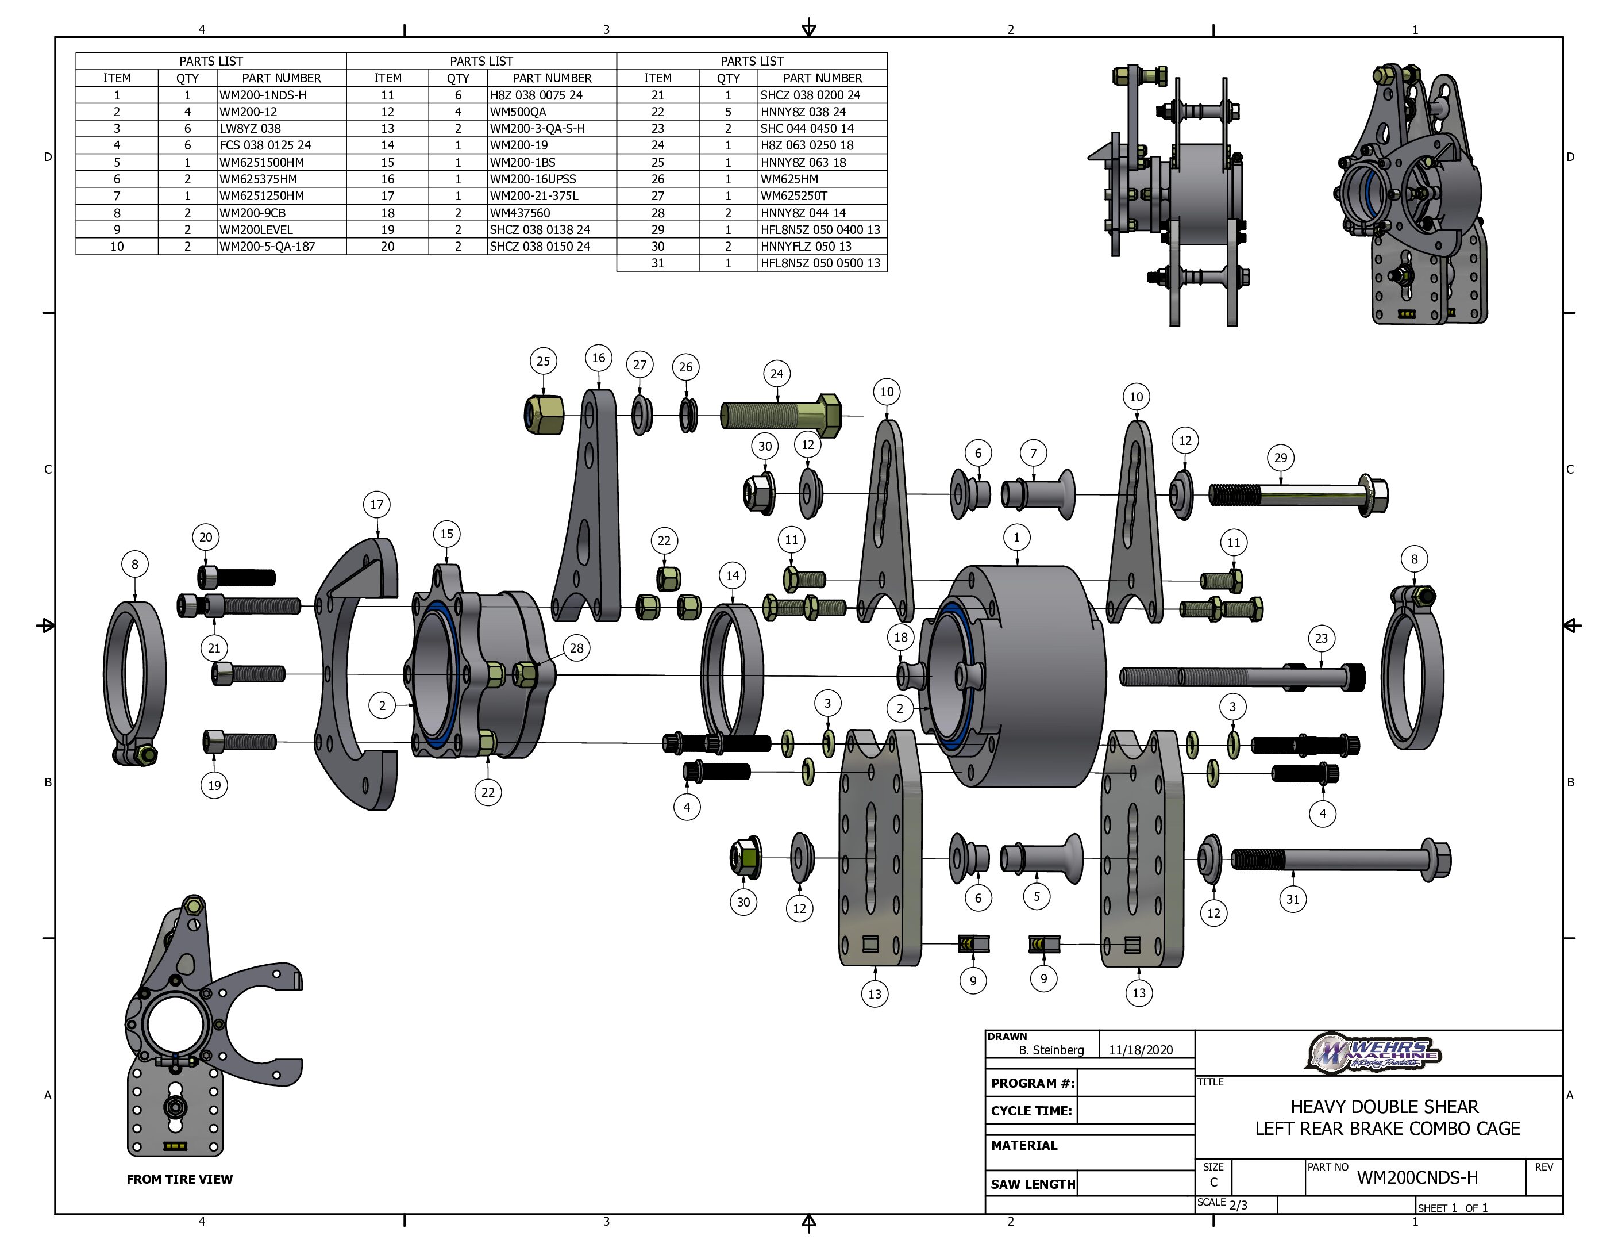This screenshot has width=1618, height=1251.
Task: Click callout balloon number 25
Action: pyautogui.click(x=543, y=361)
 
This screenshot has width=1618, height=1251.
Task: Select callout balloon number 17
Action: pyautogui.click(x=377, y=505)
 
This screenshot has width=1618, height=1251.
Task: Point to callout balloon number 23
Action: pyautogui.click(x=1322, y=638)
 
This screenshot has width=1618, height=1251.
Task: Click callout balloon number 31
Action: pyautogui.click(x=1293, y=899)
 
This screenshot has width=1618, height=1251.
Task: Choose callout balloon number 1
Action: pyautogui.click(x=1016, y=538)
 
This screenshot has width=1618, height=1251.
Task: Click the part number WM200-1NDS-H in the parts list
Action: pyautogui.click(x=263, y=95)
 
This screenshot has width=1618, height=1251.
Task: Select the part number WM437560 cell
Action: pyautogui.click(x=520, y=213)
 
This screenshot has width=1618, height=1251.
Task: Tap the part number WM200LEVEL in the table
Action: pyautogui.click(x=256, y=230)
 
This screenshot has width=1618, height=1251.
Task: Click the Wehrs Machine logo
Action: pyautogui.click(x=1374, y=1053)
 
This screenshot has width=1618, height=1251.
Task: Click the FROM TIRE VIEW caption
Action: pyautogui.click(x=179, y=1179)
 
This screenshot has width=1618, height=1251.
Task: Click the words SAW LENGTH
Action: pyautogui.click(x=1033, y=1184)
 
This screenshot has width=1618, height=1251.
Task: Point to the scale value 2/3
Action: pyautogui.click(x=1238, y=1205)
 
